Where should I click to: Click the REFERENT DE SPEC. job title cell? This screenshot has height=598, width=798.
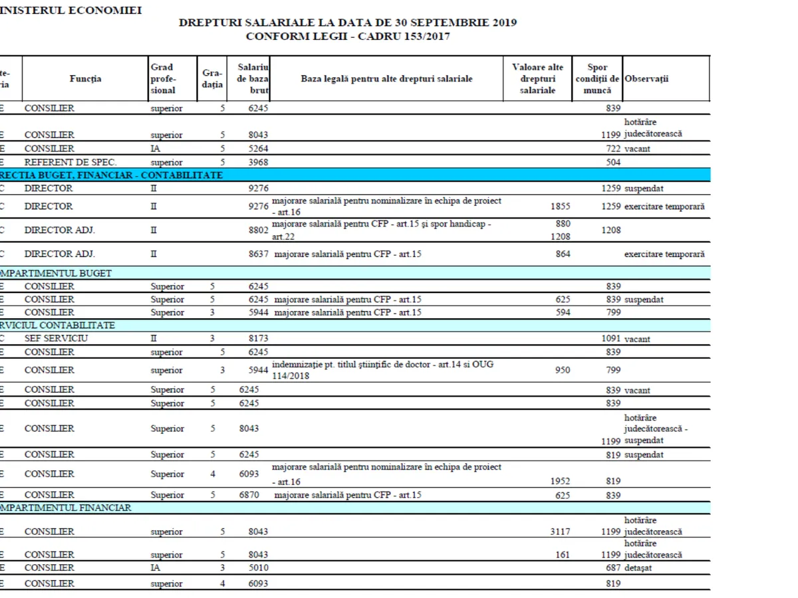pos(61,162)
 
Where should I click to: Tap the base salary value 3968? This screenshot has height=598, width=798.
pos(258,162)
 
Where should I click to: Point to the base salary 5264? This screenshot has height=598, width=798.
pos(258,149)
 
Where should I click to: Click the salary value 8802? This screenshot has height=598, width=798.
pos(258,230)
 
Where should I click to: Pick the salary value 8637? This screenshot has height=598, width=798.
pos(258,254)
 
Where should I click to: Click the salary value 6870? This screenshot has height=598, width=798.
pos(249,495)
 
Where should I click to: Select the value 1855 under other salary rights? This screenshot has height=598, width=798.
pos(561,207)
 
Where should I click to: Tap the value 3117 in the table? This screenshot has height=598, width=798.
pos(561,532)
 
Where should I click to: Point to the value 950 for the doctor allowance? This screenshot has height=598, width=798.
pos(563,370)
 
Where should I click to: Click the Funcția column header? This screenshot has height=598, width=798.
pos(86,78)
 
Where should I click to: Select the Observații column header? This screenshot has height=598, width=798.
pos(646,78)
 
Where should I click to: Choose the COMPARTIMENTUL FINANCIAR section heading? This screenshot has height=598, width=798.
pos(66,508)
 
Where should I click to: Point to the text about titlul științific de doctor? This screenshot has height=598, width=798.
pos(382,365)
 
